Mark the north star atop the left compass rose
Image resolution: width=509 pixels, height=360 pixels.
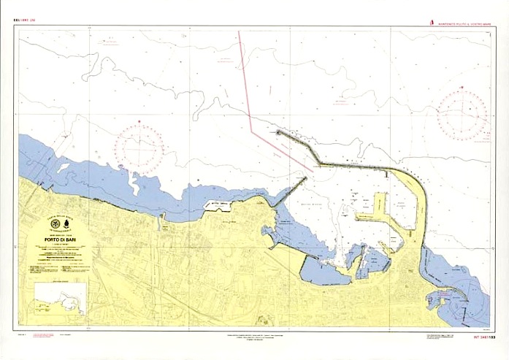(x=142, y=122)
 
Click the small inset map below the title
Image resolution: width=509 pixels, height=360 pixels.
(x=61, y=299)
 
